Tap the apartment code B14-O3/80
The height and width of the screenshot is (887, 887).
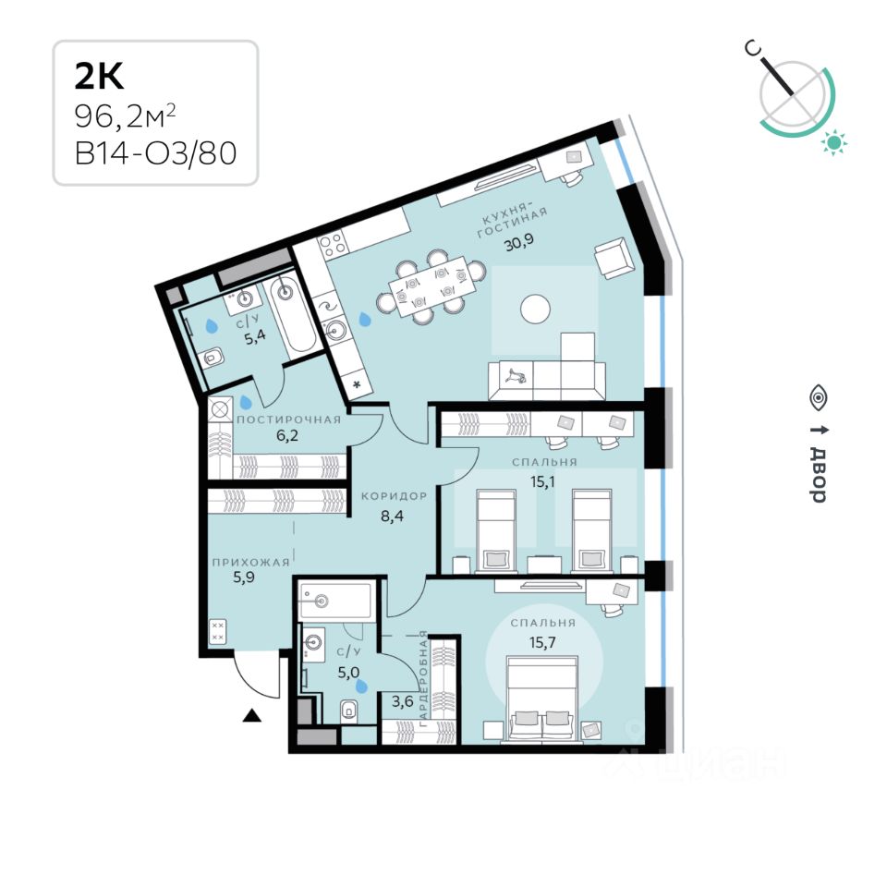[155, 152]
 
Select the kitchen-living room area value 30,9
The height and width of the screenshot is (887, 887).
[518, 245]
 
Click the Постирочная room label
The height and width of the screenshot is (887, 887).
[288, 419]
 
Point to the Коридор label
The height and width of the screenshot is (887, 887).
[394, 496]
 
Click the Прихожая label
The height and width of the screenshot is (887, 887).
[250, 562]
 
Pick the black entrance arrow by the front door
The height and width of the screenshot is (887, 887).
[250, 714]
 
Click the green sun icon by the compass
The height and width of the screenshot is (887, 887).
[835, 141]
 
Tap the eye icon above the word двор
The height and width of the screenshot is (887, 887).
[818, 398]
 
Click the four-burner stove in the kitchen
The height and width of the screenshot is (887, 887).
[331, 248]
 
